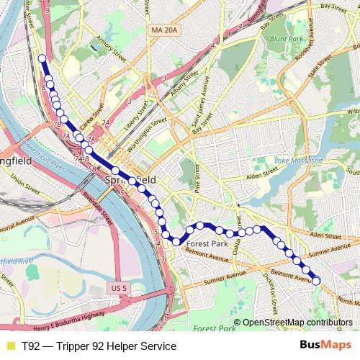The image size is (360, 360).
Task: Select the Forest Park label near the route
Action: click(207, 243)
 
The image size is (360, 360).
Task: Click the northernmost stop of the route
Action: click(42, 58)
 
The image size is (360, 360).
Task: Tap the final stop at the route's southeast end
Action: click(315, 280)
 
